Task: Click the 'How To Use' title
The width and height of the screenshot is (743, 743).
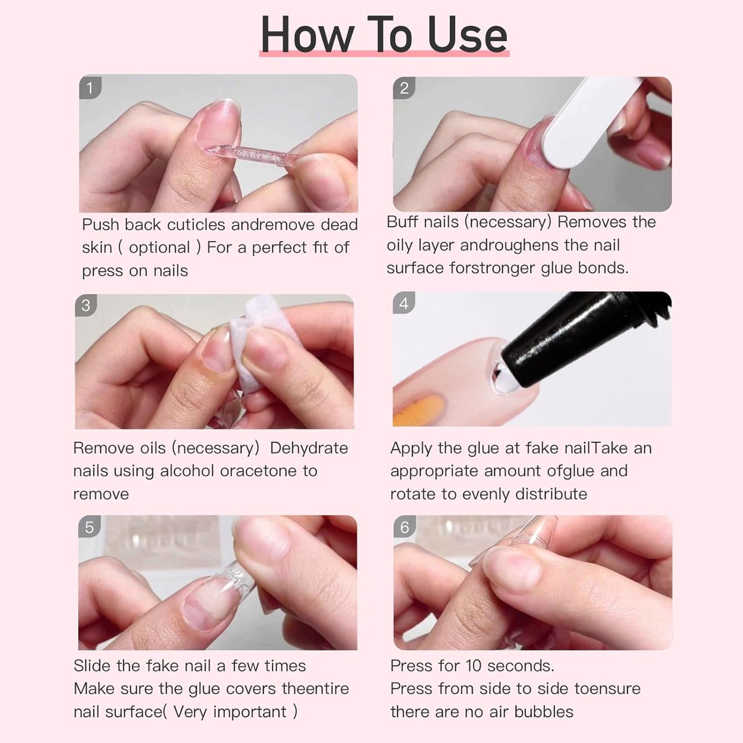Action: pos(384,35)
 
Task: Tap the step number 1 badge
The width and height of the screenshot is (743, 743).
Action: pos(90,87)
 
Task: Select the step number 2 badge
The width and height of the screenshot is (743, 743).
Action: pos(404,88)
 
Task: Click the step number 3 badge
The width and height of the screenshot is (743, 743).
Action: pos(86,305)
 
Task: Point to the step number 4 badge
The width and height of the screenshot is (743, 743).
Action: pos(404,303)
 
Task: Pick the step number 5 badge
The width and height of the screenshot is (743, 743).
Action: pos(89,528)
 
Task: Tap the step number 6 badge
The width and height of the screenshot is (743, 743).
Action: pos(405,528)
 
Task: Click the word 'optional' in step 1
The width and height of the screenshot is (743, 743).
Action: pos(159,248)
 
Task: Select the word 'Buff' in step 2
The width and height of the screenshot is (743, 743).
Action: pos(403,222)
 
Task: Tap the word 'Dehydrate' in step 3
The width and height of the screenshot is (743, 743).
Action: pos(309,448)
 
